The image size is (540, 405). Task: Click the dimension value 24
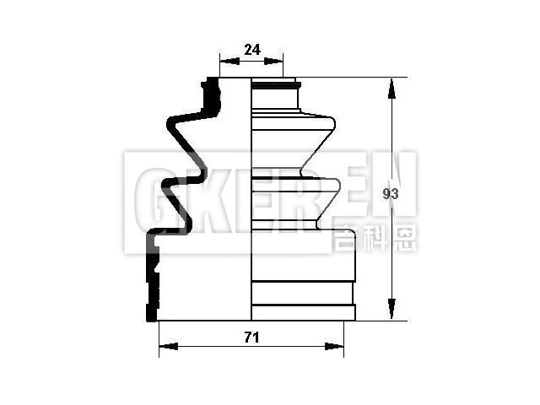pyautogui.click(x=251, y=50)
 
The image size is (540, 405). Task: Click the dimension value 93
pyautogui.click(x=390, y=194)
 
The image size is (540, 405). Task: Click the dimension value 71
pyautogui.click(x=251, y=337)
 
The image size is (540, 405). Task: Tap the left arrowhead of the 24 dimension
pyautogui.click(x=225, y=61)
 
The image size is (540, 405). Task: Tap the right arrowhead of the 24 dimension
pyautogui.click(x=278, y=61)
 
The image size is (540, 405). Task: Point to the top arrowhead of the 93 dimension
pyautogui.click(x=391, y=85)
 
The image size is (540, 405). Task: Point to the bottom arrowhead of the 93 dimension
pyautogui.click(x=391, y=314)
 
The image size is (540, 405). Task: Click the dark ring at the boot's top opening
pyautogui.click(x=275, y=84)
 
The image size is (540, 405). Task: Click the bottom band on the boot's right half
pyautogui.click(x=304, y=313)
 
